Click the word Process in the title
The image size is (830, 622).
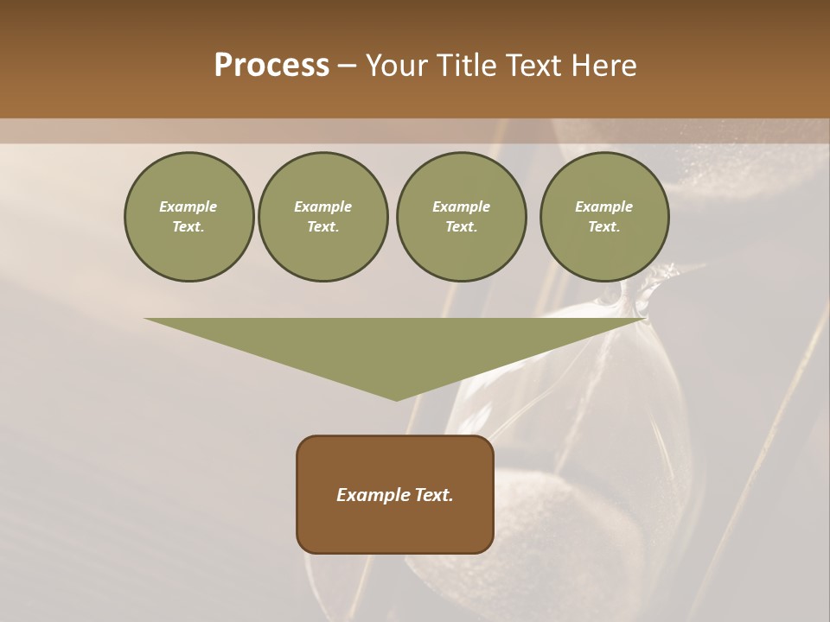pos(271,66)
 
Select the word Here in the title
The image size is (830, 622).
pos(603,66)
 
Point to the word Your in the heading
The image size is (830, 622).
pos(397,66)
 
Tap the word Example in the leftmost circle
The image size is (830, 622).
pos(188,207)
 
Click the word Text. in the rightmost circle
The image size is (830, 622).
pos(603,227)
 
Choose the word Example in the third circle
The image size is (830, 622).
pos(461,207)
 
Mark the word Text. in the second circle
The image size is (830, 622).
pos(322,227)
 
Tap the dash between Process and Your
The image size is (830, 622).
pos(347,67)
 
